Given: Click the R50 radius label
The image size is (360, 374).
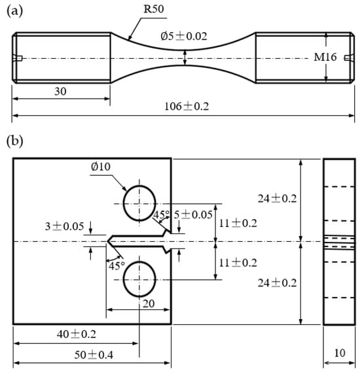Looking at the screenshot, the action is coord(154,9).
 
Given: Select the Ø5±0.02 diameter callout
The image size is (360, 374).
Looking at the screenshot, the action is coord(183,36).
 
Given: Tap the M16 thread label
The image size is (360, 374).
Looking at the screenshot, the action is coord(325,57).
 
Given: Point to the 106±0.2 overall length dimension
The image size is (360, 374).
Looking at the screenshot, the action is coord(187,106).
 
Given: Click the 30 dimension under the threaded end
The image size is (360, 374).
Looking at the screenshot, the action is coord(60,92).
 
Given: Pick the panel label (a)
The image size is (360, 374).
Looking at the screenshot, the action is coord(15,11).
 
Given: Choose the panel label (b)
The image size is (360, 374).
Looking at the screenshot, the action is coord(15,141).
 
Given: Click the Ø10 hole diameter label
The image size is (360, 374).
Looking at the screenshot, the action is coord(101,166).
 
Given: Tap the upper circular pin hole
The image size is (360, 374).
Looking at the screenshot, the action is coord(124,203).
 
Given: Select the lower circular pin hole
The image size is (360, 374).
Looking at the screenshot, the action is coord(124,279).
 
